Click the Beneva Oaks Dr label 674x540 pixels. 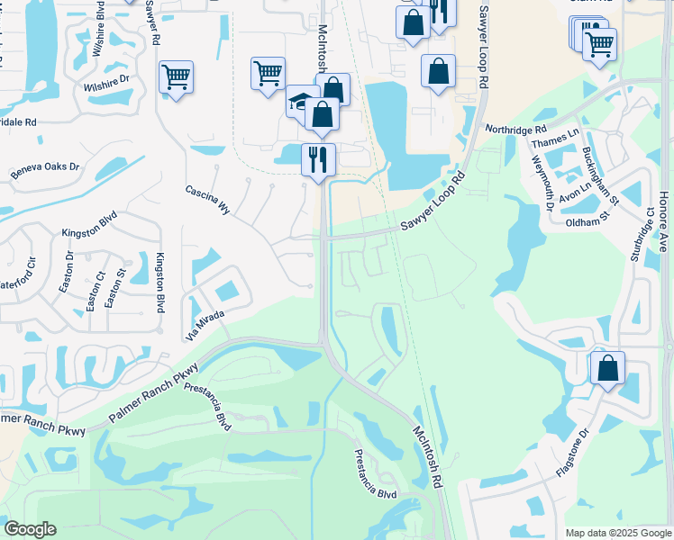point(45,169)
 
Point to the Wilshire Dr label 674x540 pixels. point(107,83)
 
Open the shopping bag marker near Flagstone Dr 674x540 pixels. point(608,368)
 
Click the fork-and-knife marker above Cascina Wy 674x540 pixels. point(318,159)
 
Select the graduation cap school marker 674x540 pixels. point(300,102)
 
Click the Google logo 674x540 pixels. point(30,529)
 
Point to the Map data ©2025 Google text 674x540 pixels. point(617,533)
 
